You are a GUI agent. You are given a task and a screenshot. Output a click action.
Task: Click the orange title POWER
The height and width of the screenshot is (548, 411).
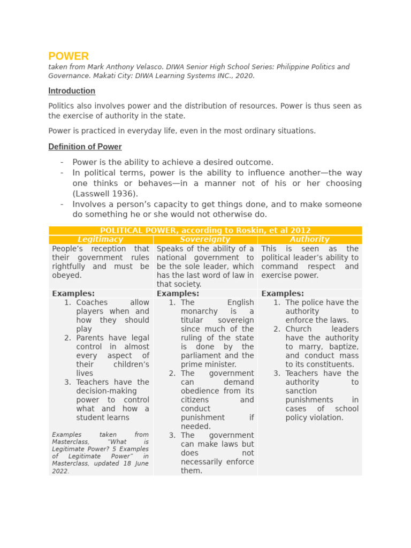68,56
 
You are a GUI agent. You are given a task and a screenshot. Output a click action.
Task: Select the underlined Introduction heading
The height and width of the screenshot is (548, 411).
72,91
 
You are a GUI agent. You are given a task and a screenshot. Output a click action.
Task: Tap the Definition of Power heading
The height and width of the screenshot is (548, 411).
85,147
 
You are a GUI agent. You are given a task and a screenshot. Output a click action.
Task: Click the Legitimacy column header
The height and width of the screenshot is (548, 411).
101,240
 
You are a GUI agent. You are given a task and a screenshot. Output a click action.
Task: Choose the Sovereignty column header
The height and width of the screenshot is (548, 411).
205,240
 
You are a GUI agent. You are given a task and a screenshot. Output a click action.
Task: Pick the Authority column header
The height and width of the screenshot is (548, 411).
309,240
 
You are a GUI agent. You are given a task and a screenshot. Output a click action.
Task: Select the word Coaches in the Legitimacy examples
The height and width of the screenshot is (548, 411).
92,302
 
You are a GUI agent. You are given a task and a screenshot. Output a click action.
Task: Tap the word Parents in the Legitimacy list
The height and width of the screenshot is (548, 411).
91,338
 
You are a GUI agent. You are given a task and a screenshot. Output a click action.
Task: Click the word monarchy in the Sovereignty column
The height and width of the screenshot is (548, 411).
199,311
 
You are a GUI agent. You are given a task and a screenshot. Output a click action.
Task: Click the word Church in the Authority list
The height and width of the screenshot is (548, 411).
299,329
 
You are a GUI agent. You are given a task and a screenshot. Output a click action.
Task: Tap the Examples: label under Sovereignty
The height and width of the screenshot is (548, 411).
178,294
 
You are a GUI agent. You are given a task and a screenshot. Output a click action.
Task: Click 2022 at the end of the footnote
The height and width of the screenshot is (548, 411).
60,471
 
